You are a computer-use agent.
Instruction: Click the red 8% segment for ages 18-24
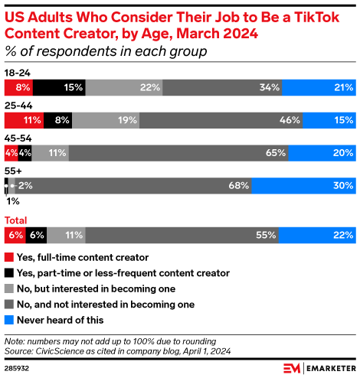(x=18, y=87)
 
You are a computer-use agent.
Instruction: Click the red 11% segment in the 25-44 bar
(x=24, y=120)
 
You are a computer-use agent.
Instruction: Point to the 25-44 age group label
(x=18, y=105)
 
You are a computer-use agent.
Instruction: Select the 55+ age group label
(x=13, y=170)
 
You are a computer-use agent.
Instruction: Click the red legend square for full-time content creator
(x=9, y=257)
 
